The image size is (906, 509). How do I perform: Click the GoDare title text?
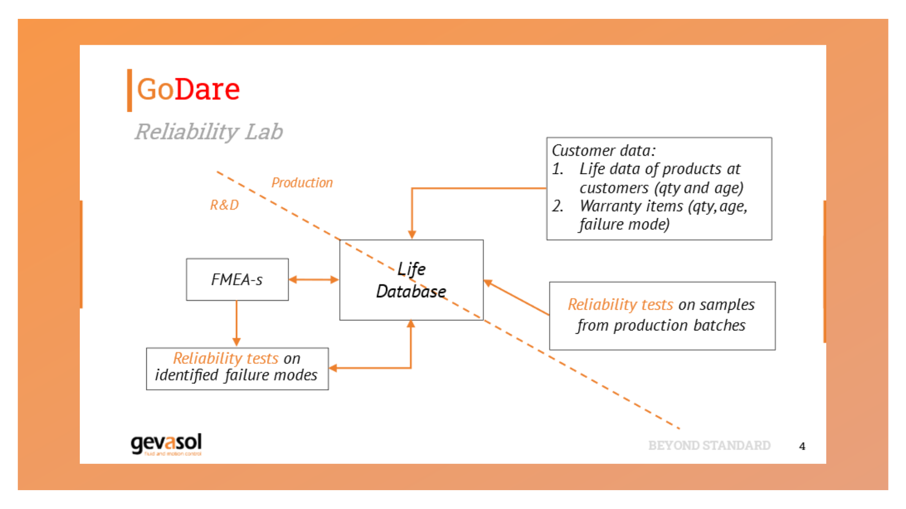coord(188,89)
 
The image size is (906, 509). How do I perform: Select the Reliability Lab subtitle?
coord(209,131)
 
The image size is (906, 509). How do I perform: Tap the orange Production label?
coord(302,183)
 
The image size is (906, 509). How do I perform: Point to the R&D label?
coord(224,205)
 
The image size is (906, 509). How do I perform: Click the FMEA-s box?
coord(237,279)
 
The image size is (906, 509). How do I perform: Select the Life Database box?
coord(411,280)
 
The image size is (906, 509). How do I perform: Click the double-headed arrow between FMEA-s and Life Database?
coord(314,279)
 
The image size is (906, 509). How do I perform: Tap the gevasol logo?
coord(166,443)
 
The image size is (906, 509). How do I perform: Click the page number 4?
coord(802,446)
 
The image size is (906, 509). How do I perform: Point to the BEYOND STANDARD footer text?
coord(709,445)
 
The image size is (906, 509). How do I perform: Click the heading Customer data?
coord(604,150)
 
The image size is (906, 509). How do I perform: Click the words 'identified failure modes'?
coord(236,375)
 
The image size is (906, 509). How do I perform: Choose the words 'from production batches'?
coord(661,325)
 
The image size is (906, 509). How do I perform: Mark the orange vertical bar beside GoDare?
coord(129,90)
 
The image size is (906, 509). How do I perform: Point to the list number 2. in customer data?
coord(558,206)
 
